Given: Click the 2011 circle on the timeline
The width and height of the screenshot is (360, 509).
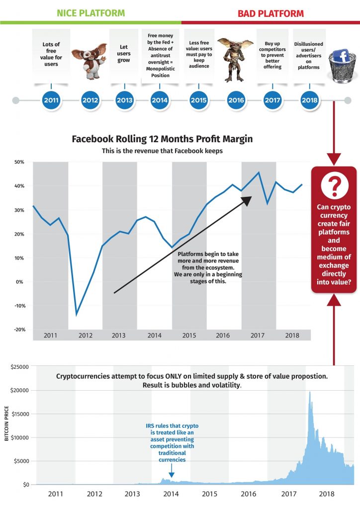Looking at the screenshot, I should (x=51, y=100).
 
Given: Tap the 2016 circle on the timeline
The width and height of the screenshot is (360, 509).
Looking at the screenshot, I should (x=236, y=100).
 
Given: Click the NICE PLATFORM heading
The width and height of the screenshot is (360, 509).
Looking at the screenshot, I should (x=91, y=12).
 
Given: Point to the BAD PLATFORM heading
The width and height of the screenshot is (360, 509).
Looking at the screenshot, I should (x=270, y=12).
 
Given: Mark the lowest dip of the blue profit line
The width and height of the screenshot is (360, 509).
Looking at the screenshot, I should (x=77, y=315).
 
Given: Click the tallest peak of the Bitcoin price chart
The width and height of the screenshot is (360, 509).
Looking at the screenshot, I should (x=310, y=392).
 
